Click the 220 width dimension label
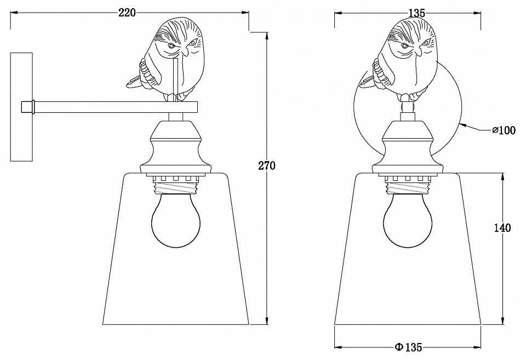pos(128,13)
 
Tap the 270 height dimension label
pos(267,165)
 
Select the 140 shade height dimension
pos(502,228)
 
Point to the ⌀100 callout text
pos(504,130)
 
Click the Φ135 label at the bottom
pos(408,347)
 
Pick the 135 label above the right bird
pos(417,13)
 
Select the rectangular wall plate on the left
pos(21,107)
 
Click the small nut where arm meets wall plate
pos(28,107)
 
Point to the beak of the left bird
pos(184,52)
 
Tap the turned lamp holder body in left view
pos(176,147)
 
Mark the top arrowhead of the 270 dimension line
pos(267,37)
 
